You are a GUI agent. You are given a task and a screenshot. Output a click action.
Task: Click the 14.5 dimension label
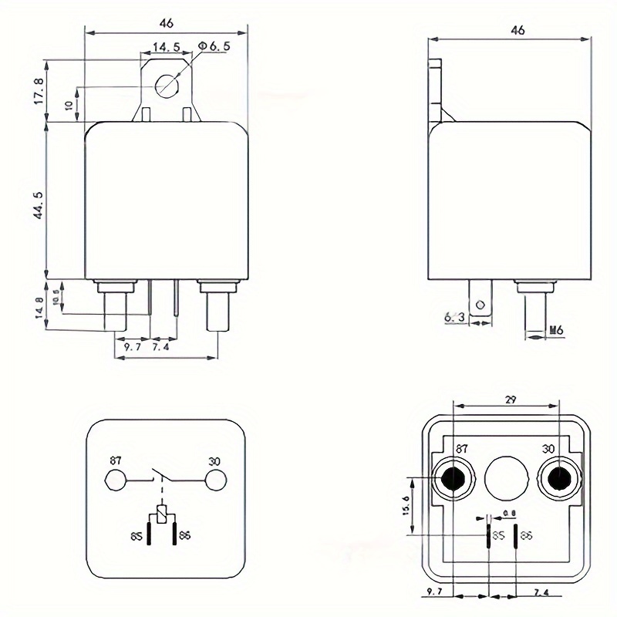(x=166, y=47)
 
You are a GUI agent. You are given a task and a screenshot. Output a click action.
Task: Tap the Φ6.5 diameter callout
(x=214, y=47)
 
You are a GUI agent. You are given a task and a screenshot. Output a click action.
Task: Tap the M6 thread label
(x=556, y=331)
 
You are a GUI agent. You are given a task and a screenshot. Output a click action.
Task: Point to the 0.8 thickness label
(x=508, y=514)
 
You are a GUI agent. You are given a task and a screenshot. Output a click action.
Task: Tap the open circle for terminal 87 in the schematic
(x=116, y=480)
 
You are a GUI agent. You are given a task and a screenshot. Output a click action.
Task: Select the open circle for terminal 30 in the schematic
(x=216, y=480)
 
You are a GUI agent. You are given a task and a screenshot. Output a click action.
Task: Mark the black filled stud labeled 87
(x=454, y=480)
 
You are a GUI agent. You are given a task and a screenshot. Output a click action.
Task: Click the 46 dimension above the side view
(x=518, y=31)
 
